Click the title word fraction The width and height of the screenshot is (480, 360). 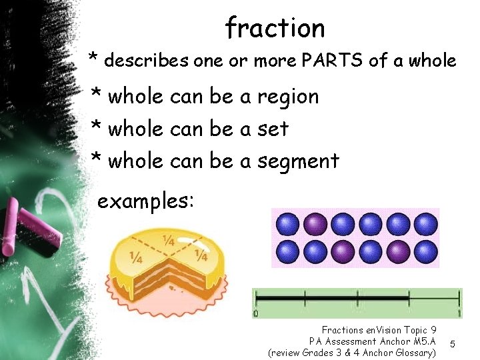(x=275, y=28)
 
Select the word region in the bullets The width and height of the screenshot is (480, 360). (x=288, y=97)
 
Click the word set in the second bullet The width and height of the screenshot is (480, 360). (x=273, y=129)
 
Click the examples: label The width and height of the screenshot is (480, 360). (x=146, y=200)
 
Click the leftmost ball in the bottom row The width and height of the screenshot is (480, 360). (x=288, y=252)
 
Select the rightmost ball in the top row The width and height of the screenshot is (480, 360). (x=426, y=223)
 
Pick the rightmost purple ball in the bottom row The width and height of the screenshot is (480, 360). (x=398, y=252)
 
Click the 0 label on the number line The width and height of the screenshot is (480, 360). (x=256, y=313)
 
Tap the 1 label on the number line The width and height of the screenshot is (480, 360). (x=459, y=313)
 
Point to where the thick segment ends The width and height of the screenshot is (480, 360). (x=409, y=297)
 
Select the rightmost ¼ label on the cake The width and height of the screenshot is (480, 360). (x=199, y=255)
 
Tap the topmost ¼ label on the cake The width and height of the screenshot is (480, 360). (x=169, y=241)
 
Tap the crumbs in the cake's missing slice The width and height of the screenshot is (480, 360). (x=175, y=289)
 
